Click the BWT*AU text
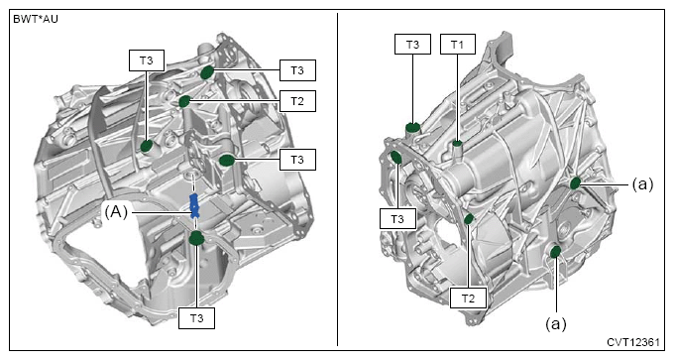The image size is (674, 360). click(36, 20)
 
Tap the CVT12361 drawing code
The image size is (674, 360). click(633, 342)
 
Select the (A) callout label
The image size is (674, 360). click(116, 212)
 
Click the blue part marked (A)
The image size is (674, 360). click(194, 205)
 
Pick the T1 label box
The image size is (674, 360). click(457, 45)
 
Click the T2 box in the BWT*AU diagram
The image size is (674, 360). click(297, 101)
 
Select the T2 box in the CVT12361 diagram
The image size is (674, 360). click(468, 299)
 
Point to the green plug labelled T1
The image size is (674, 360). click(457, 143)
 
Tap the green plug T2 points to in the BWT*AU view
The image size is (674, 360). click(184, 101)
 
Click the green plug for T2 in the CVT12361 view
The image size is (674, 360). click(469, 219)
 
